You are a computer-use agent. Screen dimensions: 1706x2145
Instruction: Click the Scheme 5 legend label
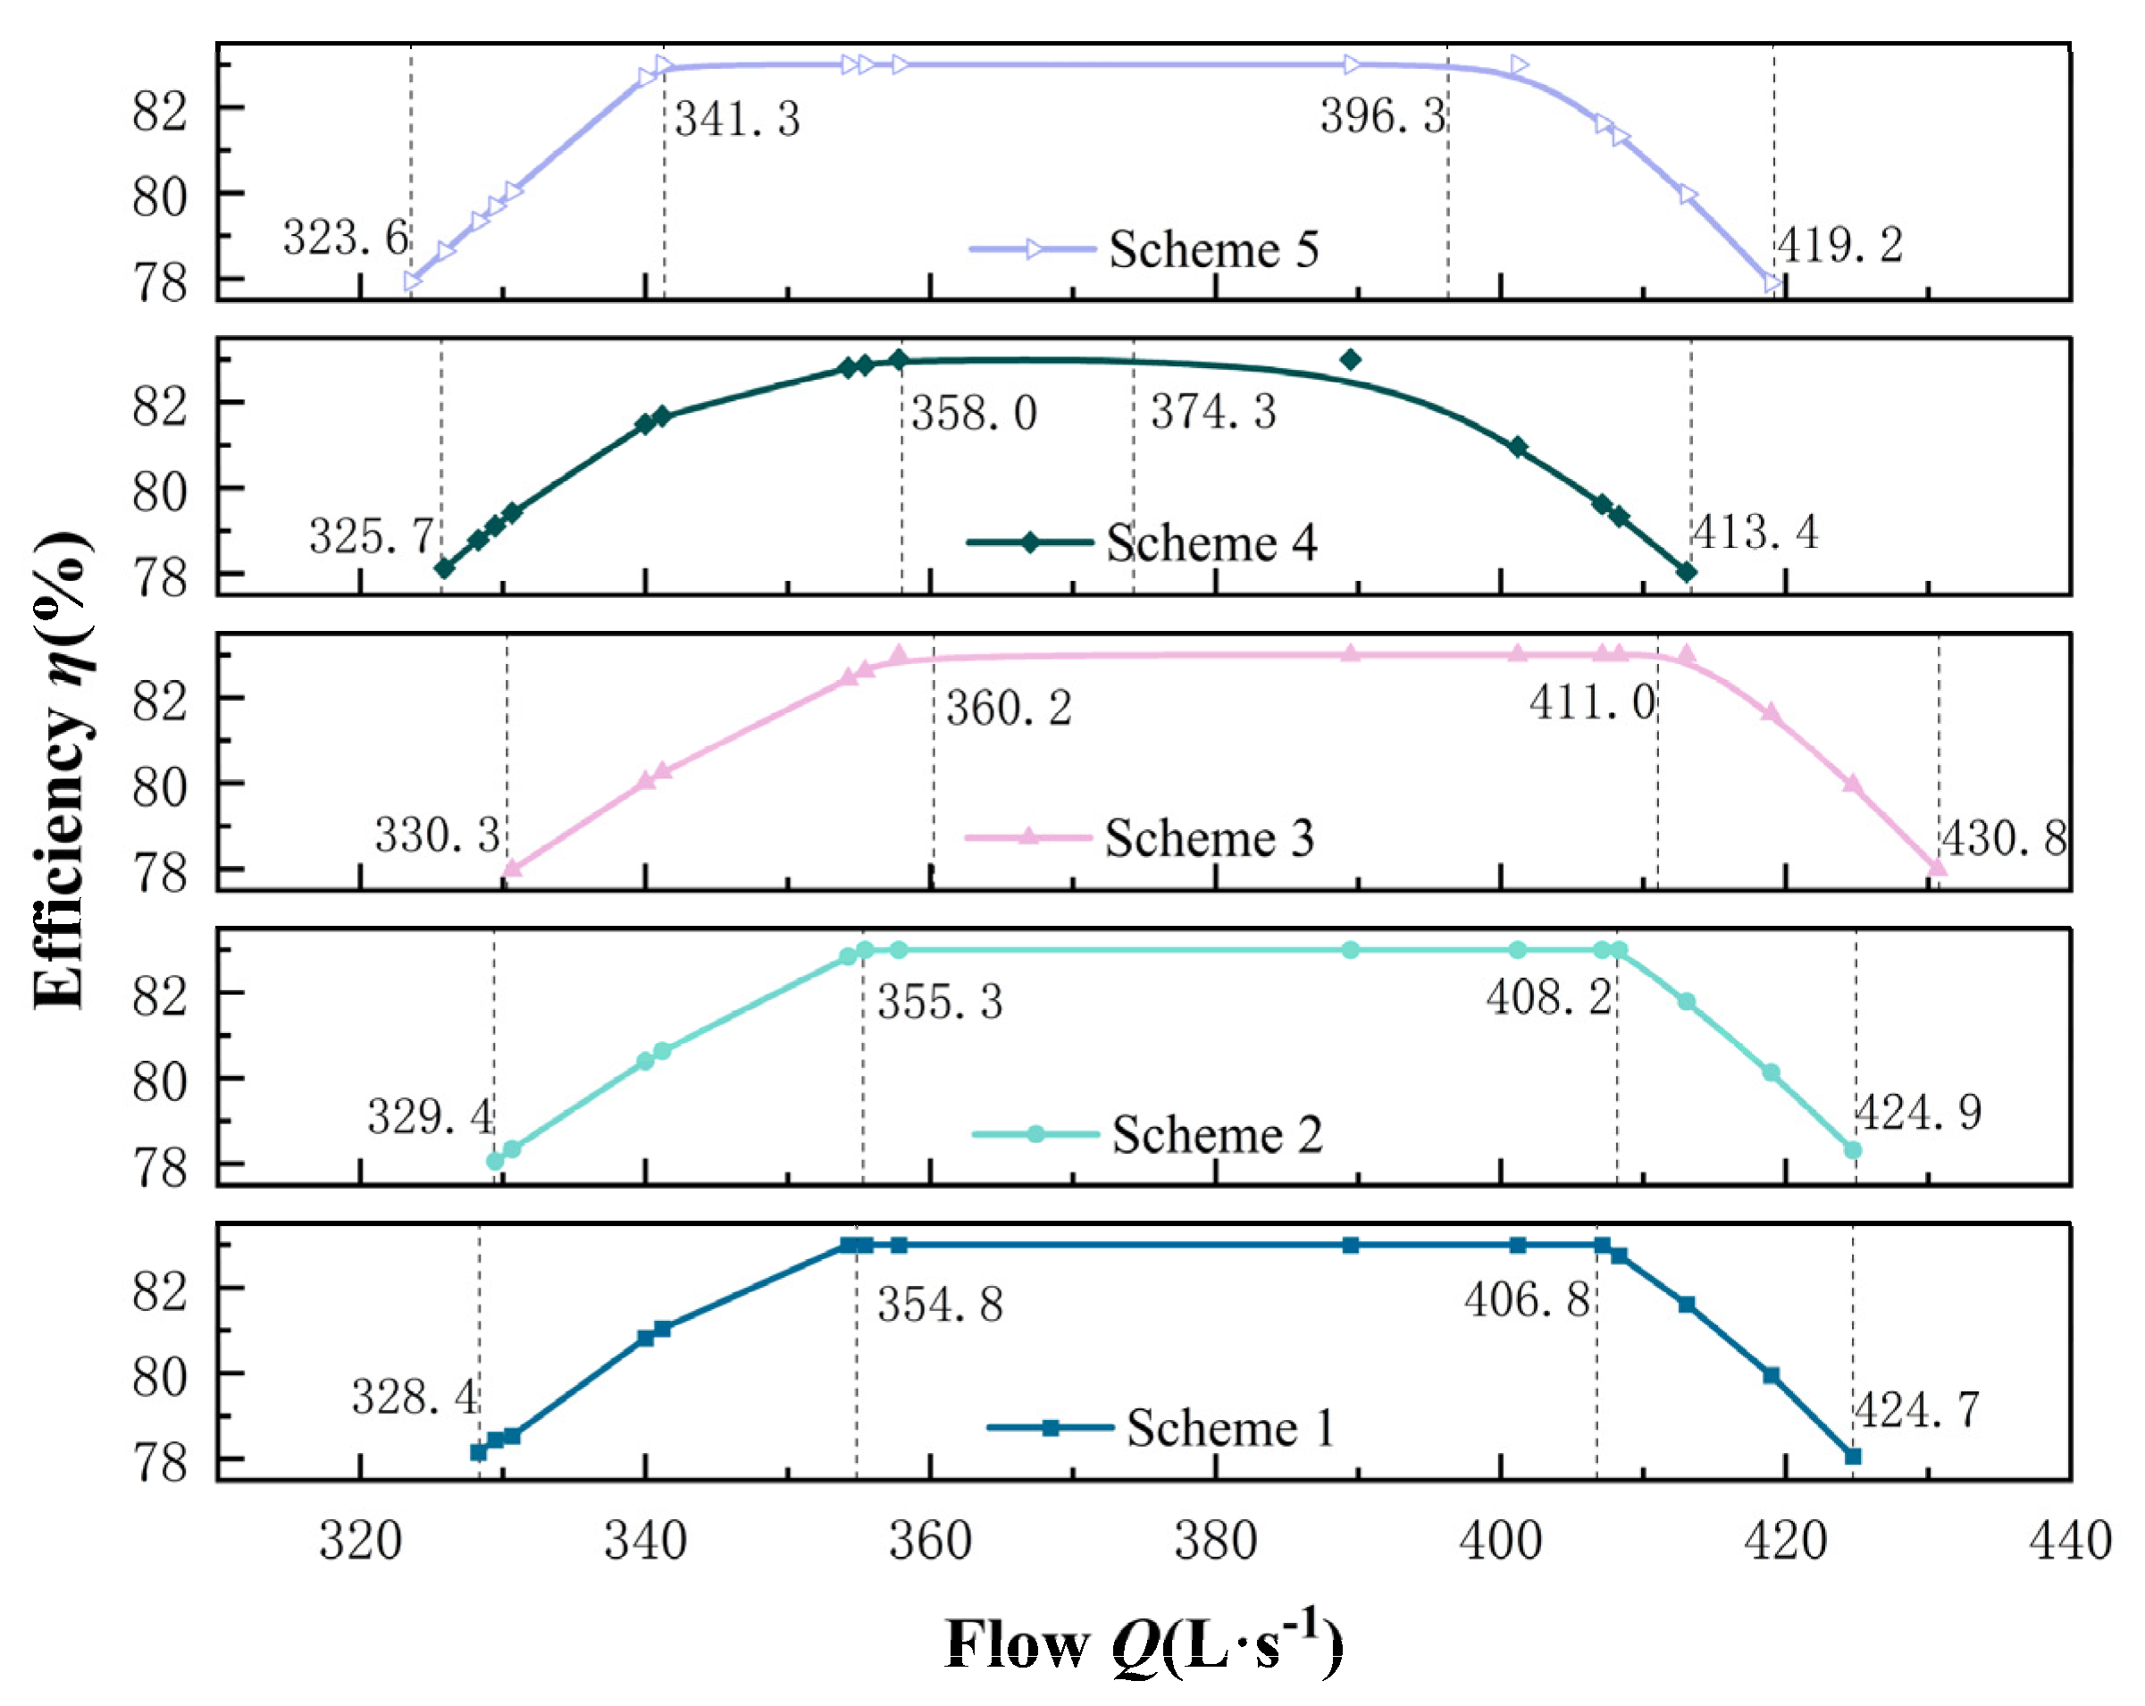click(1213, 248)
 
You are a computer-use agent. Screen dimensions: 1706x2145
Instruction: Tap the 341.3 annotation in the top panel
click(737, 120)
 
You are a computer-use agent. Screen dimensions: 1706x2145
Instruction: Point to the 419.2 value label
click(1839, 245)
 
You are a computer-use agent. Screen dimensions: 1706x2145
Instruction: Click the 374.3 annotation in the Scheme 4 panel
click(1213, 412)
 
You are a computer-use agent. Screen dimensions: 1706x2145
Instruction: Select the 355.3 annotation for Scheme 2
click(939, 1001)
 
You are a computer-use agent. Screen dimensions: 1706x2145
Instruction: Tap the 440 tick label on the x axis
click(2069, 1541)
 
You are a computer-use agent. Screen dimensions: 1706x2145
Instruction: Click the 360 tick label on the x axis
click(929, 1541)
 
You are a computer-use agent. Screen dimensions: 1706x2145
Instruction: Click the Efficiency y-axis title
click(62, 771)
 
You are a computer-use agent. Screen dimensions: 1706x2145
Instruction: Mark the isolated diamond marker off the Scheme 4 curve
click(1350, 359)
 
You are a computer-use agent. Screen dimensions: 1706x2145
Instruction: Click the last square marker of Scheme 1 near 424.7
click(1853, 1456)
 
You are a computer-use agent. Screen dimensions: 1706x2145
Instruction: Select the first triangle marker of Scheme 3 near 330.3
click(511, 868)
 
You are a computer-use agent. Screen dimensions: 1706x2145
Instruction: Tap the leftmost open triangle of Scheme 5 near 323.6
click(413, 282)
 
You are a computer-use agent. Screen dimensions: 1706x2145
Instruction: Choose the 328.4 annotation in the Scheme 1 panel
click(414, 1398)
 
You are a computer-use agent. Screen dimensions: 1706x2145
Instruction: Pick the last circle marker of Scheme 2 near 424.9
click(1853, 1149)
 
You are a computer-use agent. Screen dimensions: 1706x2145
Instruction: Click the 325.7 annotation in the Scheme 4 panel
click(371, 536)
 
